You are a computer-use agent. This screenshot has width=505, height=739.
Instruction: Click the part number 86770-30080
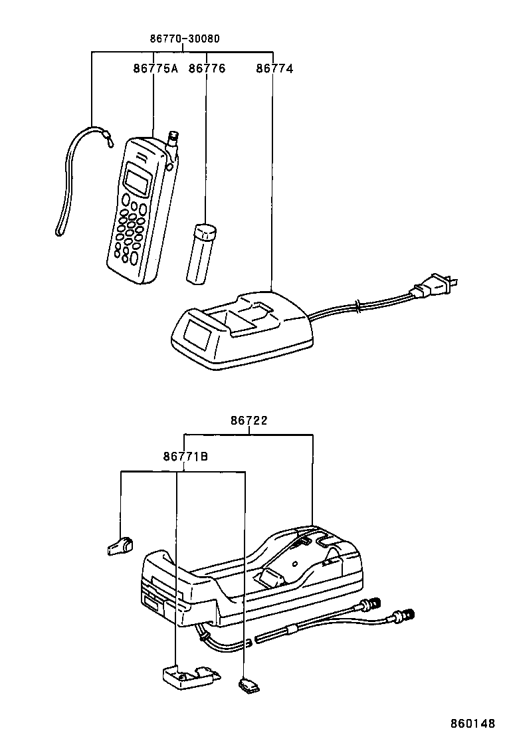[184, 39]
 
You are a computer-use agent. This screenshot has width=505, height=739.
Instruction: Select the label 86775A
[155, 68]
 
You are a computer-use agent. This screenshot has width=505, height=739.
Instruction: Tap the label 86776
[207, 68]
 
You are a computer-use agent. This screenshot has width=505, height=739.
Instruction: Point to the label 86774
[274, 68]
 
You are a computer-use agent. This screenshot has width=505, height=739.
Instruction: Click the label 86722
[250, 420]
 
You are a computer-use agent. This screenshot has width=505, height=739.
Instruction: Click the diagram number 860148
[473, 723]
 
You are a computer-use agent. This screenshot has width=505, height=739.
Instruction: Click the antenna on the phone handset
[173, 140]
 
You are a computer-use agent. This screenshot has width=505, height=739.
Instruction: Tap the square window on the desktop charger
[197, 334]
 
